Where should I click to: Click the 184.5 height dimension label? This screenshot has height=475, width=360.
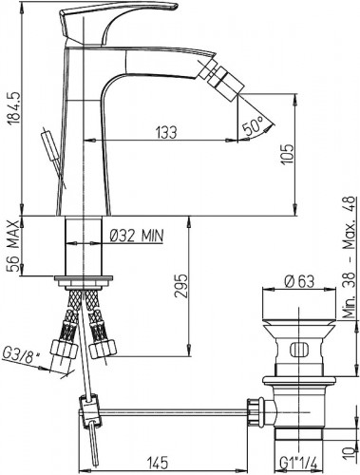[14, 107]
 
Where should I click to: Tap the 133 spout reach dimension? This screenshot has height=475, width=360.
[166, 132]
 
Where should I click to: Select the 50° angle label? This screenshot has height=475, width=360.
[254, 124]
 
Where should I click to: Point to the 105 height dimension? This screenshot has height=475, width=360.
[287, 154]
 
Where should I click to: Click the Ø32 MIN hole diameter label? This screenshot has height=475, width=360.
[137, 236]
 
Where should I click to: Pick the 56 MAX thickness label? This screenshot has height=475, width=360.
[14, 246]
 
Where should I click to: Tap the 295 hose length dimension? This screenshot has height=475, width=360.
[181, 285]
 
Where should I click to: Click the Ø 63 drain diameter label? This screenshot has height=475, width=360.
[299, 281]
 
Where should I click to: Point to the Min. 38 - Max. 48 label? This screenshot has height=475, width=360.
[350, 257]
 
